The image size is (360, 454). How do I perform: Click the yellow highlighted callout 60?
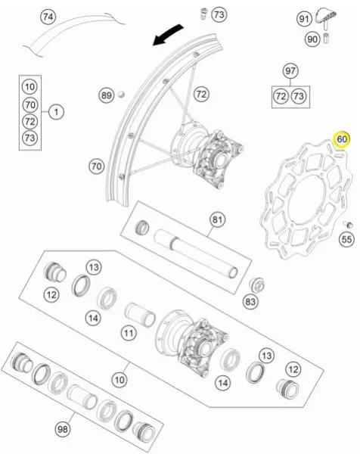click(342, 139)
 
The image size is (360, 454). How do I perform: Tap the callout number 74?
click(48, 17)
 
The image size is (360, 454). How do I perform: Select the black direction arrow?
click(168, 35)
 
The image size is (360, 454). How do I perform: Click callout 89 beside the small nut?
click(106, 95)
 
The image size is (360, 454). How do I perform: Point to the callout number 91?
click(304, 19)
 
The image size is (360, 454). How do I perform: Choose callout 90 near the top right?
click(312, 39)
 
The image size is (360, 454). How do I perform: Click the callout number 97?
click(290, 71)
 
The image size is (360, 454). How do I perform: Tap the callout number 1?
click(56, 112)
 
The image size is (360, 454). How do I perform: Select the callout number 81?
click(217, 219)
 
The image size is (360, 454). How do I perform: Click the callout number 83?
click(250, 302)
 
